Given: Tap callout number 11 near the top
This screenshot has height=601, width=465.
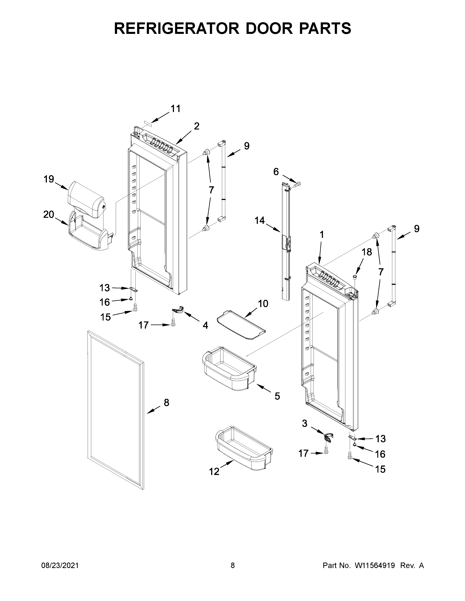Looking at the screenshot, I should (x=175, y=109).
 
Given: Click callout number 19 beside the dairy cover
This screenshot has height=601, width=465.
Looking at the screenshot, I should (x=49, y=179).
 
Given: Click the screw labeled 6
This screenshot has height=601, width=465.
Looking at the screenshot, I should (x=298, y=184).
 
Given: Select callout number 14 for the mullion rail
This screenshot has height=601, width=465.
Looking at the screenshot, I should (x=259, y=220).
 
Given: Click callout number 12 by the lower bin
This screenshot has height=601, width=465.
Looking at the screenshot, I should (x=214, y=471).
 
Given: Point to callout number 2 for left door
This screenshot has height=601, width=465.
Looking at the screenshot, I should (x=196, y=126).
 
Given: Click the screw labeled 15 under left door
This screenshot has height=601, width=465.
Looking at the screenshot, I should (x=135, y=307).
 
